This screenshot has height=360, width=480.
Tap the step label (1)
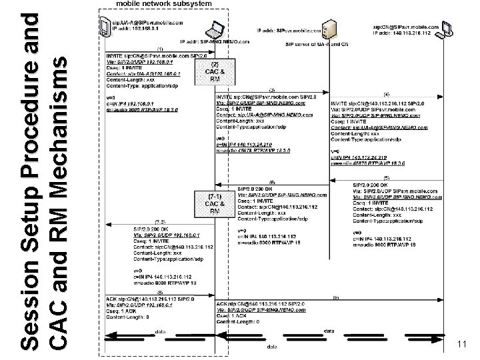tap(160, 50)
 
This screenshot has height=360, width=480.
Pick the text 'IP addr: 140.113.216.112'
tap(407, 33)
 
